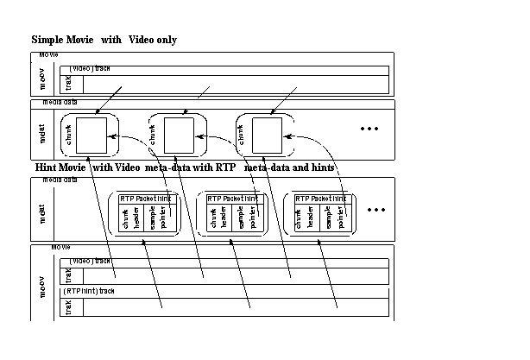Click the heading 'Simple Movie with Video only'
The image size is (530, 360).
tap(104, 41)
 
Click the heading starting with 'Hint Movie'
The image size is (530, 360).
tap(186, 167)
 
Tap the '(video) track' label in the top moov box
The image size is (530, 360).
tap(91, 68)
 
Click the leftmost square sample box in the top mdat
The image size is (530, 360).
tap(91, 135)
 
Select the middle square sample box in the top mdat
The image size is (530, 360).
tap(179, 135)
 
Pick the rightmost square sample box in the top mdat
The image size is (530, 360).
tap(266, 135)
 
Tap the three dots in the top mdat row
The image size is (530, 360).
tap(369, 129)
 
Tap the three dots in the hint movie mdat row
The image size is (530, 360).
tap(375, 210)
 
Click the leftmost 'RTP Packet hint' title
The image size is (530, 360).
tap(148, 198)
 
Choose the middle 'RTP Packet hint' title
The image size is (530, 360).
tap(236, 198)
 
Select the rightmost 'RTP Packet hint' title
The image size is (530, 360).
tap(323, 198)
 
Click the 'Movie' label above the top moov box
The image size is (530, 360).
tap(49, 54)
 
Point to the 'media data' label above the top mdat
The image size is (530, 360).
tap(59, 103)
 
